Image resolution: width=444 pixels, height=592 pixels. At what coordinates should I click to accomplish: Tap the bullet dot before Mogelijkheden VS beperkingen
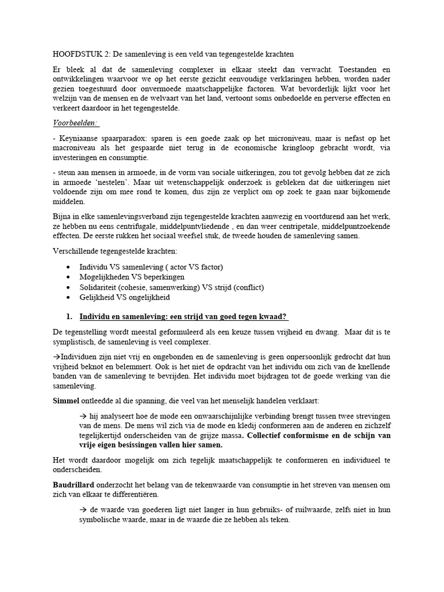tap(69, 277)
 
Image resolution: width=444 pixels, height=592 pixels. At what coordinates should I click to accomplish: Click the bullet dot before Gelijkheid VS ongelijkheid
tap(69, 297)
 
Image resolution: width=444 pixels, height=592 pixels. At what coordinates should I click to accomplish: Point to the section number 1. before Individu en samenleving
tap(69, 316)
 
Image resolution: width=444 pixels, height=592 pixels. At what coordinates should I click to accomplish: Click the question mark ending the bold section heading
tap(285, 316)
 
